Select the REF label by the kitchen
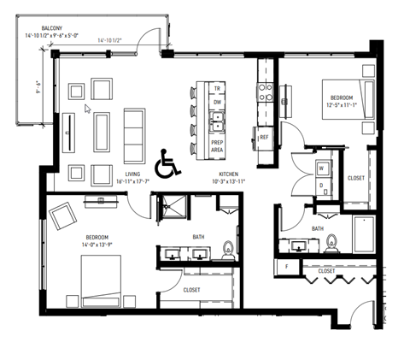coord(265,136)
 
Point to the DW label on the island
coord(217,101)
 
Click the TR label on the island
coord(217,88)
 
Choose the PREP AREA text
coord(217,145)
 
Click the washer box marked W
coord(321,168)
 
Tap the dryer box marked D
coord(321,185)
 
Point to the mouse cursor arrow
coord(86,109)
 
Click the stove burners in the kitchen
coord(265,90)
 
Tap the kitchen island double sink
coord(217,123)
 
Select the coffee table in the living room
coord(103,128)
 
